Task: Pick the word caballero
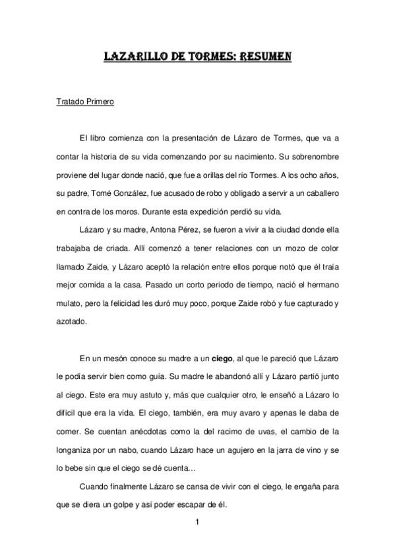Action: coord(318,194)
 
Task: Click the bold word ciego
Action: coord(224,359)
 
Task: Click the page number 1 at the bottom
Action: coord(197,523)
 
